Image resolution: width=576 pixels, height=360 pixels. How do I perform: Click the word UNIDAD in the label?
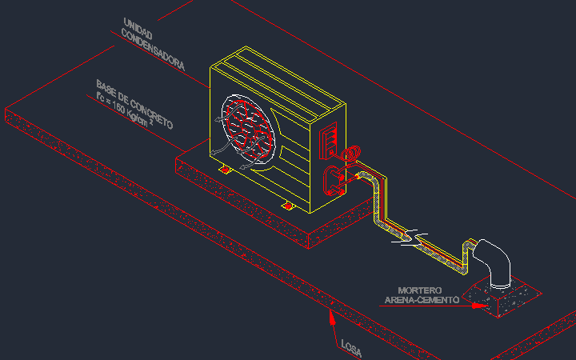(x=138, y=28)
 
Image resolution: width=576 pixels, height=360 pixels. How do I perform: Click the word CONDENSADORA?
(x=153, y=50)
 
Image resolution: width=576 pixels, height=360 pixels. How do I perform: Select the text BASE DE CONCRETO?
(x=134, y=104)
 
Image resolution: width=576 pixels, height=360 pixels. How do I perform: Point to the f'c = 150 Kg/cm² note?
(x=125, y=110)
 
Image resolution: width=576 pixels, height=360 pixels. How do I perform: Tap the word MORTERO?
(x=419, y=290)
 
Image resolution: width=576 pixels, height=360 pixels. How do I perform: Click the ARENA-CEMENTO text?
(x=422, y=300)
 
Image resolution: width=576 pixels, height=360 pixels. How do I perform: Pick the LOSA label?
(x=351, y=348)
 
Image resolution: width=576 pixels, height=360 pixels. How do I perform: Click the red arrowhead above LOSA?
(x=332, y=318)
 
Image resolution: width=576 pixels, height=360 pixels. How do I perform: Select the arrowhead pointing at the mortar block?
(x=480, y=306)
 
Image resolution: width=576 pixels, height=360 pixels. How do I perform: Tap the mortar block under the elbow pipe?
(x=502, y=298)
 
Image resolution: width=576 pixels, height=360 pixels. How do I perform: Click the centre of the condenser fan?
(x=248, y=130)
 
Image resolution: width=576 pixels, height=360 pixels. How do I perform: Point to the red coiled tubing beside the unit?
(x=351, y=153)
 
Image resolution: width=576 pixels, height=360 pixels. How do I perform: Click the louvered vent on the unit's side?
(x=328, y=141)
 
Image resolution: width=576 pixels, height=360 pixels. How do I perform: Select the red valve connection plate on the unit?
(x=334, y=181)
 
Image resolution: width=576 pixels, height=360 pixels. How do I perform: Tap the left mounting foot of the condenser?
(x=225, y=170)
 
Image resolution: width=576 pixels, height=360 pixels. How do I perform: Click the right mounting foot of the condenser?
(x=288, y=206)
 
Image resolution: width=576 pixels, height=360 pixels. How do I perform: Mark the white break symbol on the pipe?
(x=411, y=237)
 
